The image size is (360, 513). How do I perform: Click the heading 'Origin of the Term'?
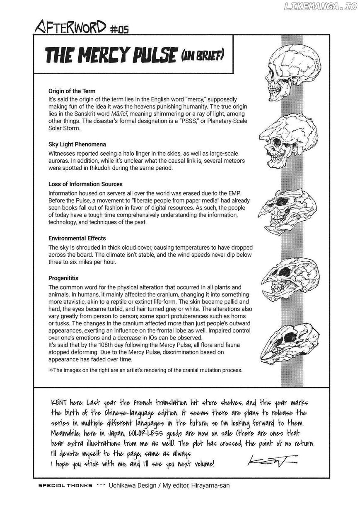pyautogui.click(x=72, y=91)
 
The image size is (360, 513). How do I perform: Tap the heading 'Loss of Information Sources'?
pyautogui.click(x=85, y=184)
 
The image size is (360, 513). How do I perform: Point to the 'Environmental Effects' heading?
pyautogui.click(x=77, y=238)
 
